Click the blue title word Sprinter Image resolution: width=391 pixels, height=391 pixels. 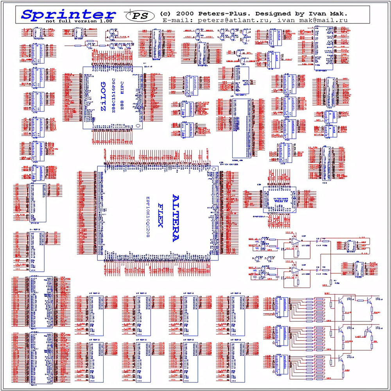(x=68, y=14)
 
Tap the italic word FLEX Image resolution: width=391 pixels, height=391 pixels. (x=160, y=215)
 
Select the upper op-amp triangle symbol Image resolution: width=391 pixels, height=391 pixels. (x=295, y=241)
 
